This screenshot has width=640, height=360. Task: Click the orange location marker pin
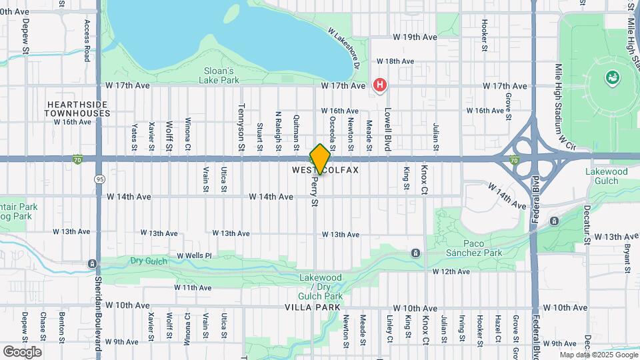(x=320, y=159)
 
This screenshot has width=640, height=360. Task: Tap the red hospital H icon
(x=380, y=85)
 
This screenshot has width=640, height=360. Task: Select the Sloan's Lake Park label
(x=218, y=75)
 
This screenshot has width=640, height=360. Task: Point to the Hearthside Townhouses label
(x=77, y=109)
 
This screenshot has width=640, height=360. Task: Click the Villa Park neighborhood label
(x=312, y=307)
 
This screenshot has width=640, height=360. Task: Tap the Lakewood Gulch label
(x=606, y=176)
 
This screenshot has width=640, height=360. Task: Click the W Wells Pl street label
(x=193, y=255)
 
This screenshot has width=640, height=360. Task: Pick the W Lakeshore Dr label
(x=345, y=49)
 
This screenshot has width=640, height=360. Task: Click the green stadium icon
(x=611, y=79)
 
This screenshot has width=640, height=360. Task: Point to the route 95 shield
(x=99, y=179)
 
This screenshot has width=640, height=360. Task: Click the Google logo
(x=22, y=351)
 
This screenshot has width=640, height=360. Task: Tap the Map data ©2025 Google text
(x=598, y=355)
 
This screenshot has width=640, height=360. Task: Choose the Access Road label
(x=87, y=41)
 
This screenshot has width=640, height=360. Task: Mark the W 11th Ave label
(x=193, y=287)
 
